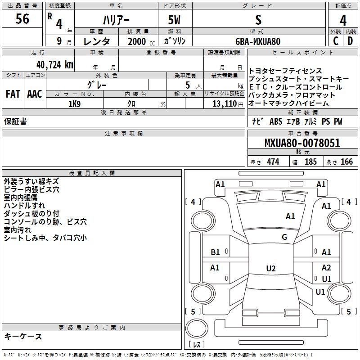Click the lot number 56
pos(22,18)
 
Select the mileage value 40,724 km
pos(54,65)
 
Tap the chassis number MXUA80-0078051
pos(302,143)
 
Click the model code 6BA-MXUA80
pos(258,41)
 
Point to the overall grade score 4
pos(343,21)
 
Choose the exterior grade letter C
pos(336,41)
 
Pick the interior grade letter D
pos(350,41)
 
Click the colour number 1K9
pos(75,104)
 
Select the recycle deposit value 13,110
pos(225,104)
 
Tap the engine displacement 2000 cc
pos(141,41)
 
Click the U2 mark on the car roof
pos(271,268)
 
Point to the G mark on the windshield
pos(284,237)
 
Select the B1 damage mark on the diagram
pos(215,252)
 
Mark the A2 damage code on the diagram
pos(326,267)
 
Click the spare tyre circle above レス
pos(197,328)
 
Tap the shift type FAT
pos(13,94)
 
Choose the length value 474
pos(273,162)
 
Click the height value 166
pos(346,162)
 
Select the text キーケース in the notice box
pos(23,336)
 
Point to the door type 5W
pos(174,20)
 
